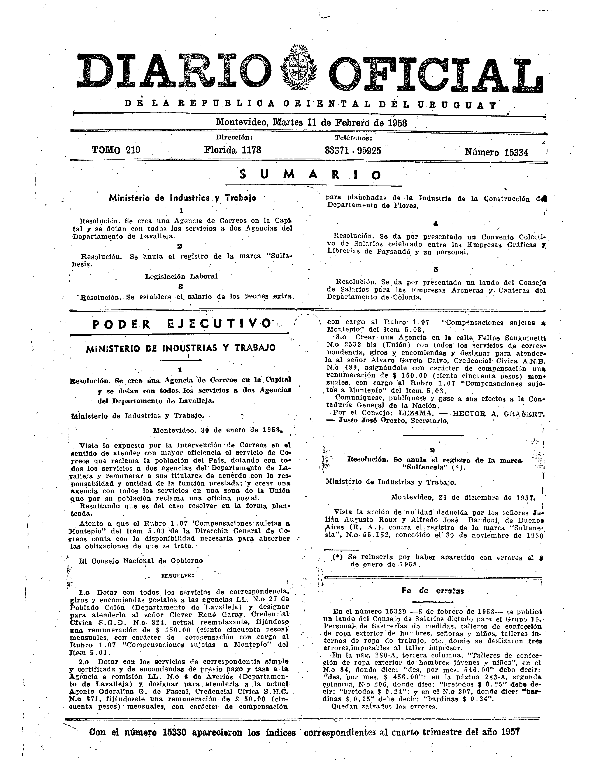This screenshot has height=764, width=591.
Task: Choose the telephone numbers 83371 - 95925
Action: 353,151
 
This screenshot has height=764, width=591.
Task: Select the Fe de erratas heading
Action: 433,591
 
